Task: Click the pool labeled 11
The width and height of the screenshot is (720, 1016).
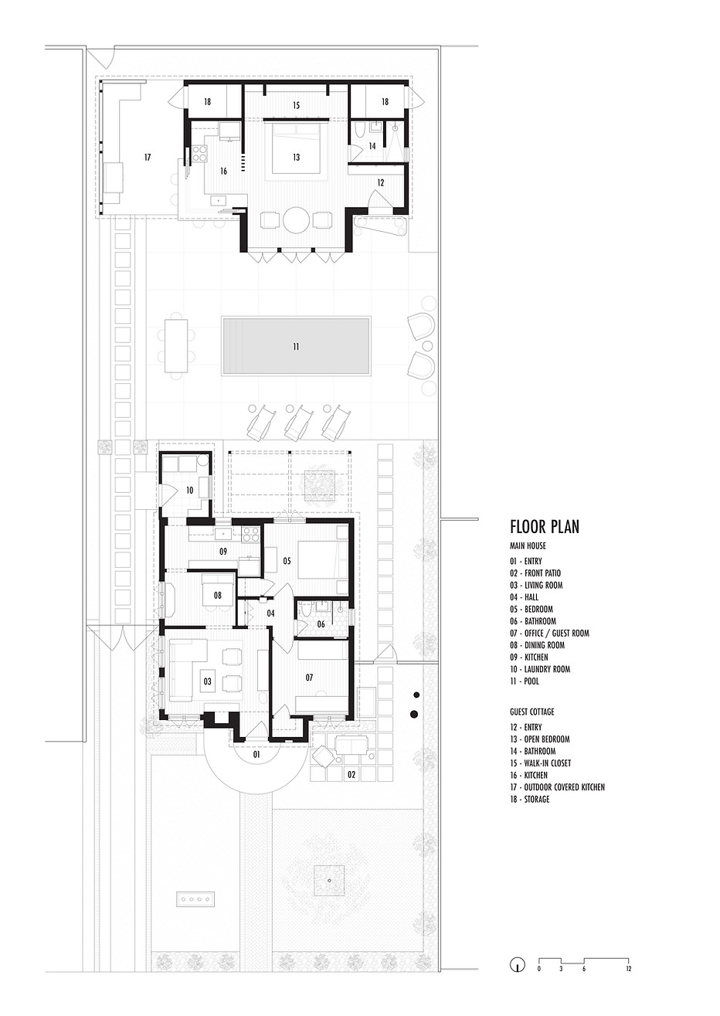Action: tap(296, 346)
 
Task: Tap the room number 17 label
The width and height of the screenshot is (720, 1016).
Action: tap(148, 158)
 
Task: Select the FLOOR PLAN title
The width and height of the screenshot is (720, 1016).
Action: tap(545, 527)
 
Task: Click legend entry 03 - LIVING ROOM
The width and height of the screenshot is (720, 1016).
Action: tap(536, 585)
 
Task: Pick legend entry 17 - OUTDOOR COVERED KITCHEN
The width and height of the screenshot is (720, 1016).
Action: tap(557, 787)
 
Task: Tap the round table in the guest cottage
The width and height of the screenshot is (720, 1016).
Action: tap(296, 220)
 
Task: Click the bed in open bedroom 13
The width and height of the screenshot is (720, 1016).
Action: tap(296, 148)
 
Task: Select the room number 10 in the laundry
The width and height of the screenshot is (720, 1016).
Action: tap(189, 490)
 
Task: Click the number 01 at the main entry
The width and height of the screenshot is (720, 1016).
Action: tap(256, 754)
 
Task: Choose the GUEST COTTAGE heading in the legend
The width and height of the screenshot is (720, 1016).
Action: tap(532, 712)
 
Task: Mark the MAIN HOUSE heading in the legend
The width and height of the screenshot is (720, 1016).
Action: tap(528, 545)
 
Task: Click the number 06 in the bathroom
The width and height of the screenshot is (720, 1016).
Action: tap(321, 624)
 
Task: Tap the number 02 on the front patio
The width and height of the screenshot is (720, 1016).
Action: tap(352, 774)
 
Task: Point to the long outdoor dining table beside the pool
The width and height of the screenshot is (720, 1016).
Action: tap(176, 346)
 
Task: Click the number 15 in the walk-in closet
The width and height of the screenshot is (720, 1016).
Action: tap(296, 106)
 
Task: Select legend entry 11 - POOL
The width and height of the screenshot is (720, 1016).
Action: tap(525, 681)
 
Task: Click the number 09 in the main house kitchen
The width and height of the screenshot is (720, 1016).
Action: tap(223, 552)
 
